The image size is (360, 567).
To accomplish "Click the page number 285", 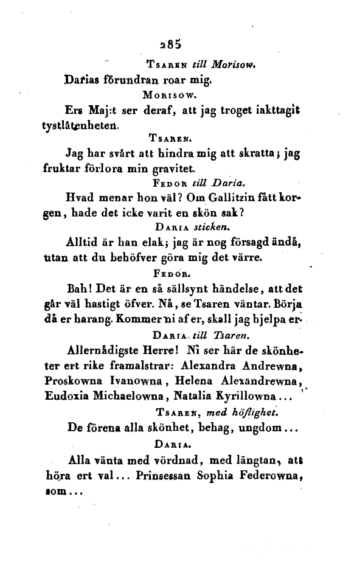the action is pos(168,43).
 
